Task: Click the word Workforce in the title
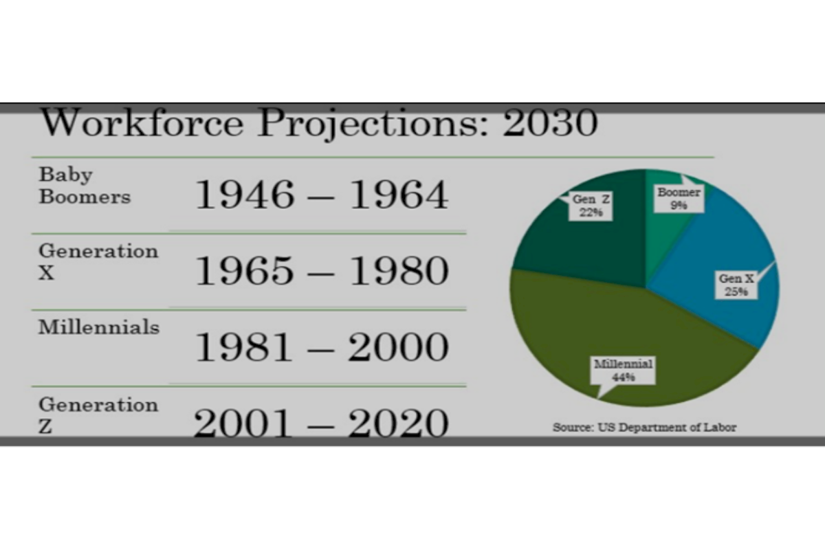[142, 122]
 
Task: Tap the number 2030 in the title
[550, 123]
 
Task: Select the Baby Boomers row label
[85, 186]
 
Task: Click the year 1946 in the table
[245, 195]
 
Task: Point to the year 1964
[399, 195]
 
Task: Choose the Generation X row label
[98, 261]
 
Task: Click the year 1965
[245, 271]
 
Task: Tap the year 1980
[399, 271]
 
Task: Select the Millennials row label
[99, 327]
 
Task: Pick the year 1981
[244, 347]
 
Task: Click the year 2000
[399, 347]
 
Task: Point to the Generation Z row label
[98, 415]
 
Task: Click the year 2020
[399, 423]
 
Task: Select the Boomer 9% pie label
[679, 199]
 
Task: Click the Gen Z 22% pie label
[591, 206]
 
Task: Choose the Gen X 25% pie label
[736, 285]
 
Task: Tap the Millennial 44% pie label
[623, 371]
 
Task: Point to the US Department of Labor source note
[645, 428]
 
